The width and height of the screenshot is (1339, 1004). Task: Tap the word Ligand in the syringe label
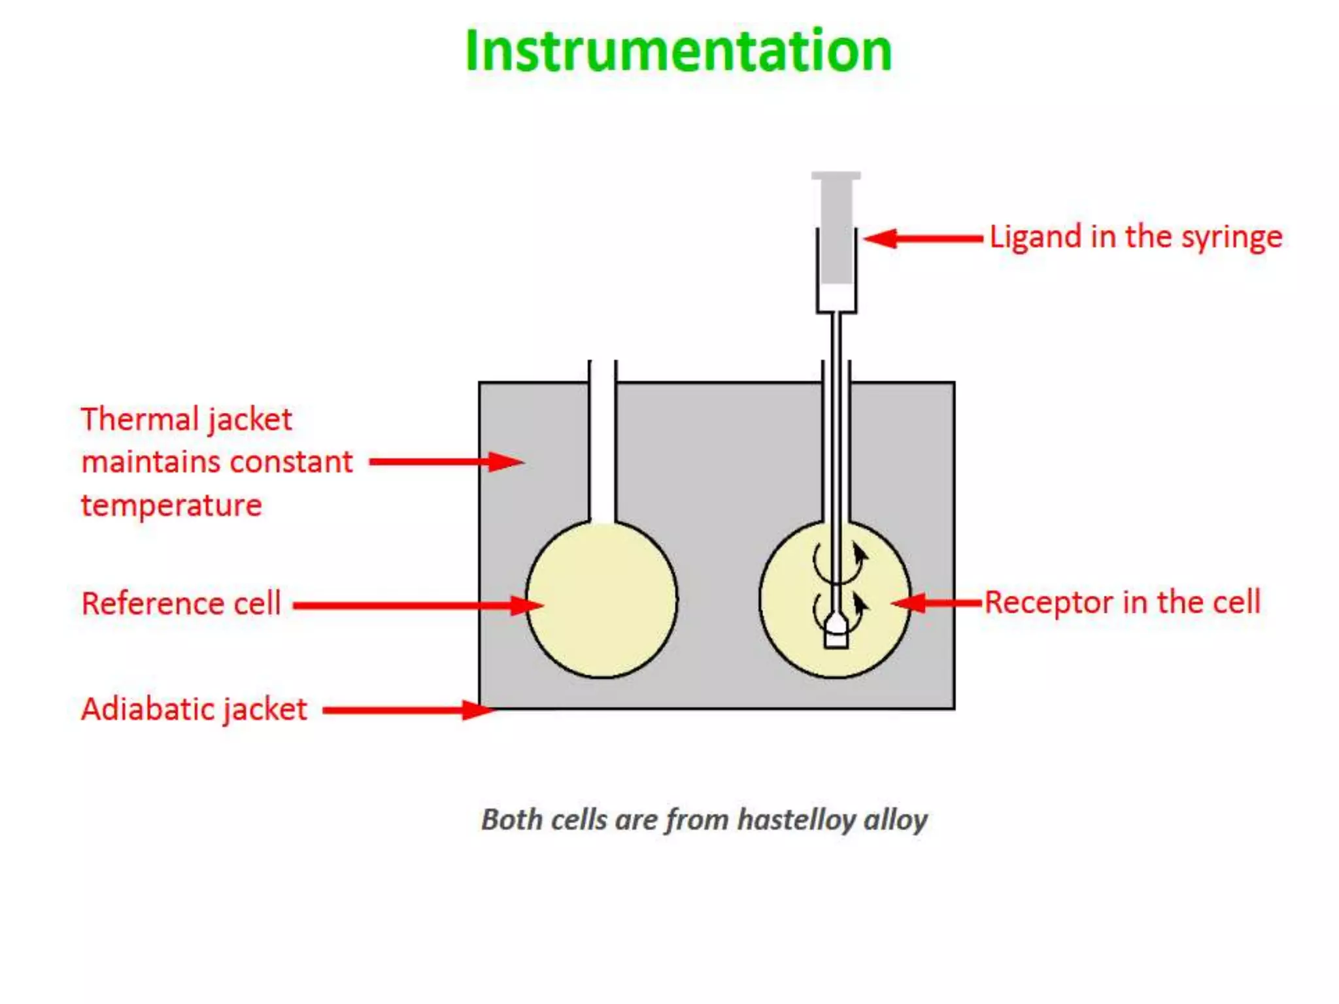1034,237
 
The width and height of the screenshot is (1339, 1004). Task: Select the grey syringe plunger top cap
836,176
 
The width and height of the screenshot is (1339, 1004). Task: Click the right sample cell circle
791,627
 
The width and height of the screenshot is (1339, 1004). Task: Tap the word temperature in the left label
171,505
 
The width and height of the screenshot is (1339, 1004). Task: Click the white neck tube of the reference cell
602,444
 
